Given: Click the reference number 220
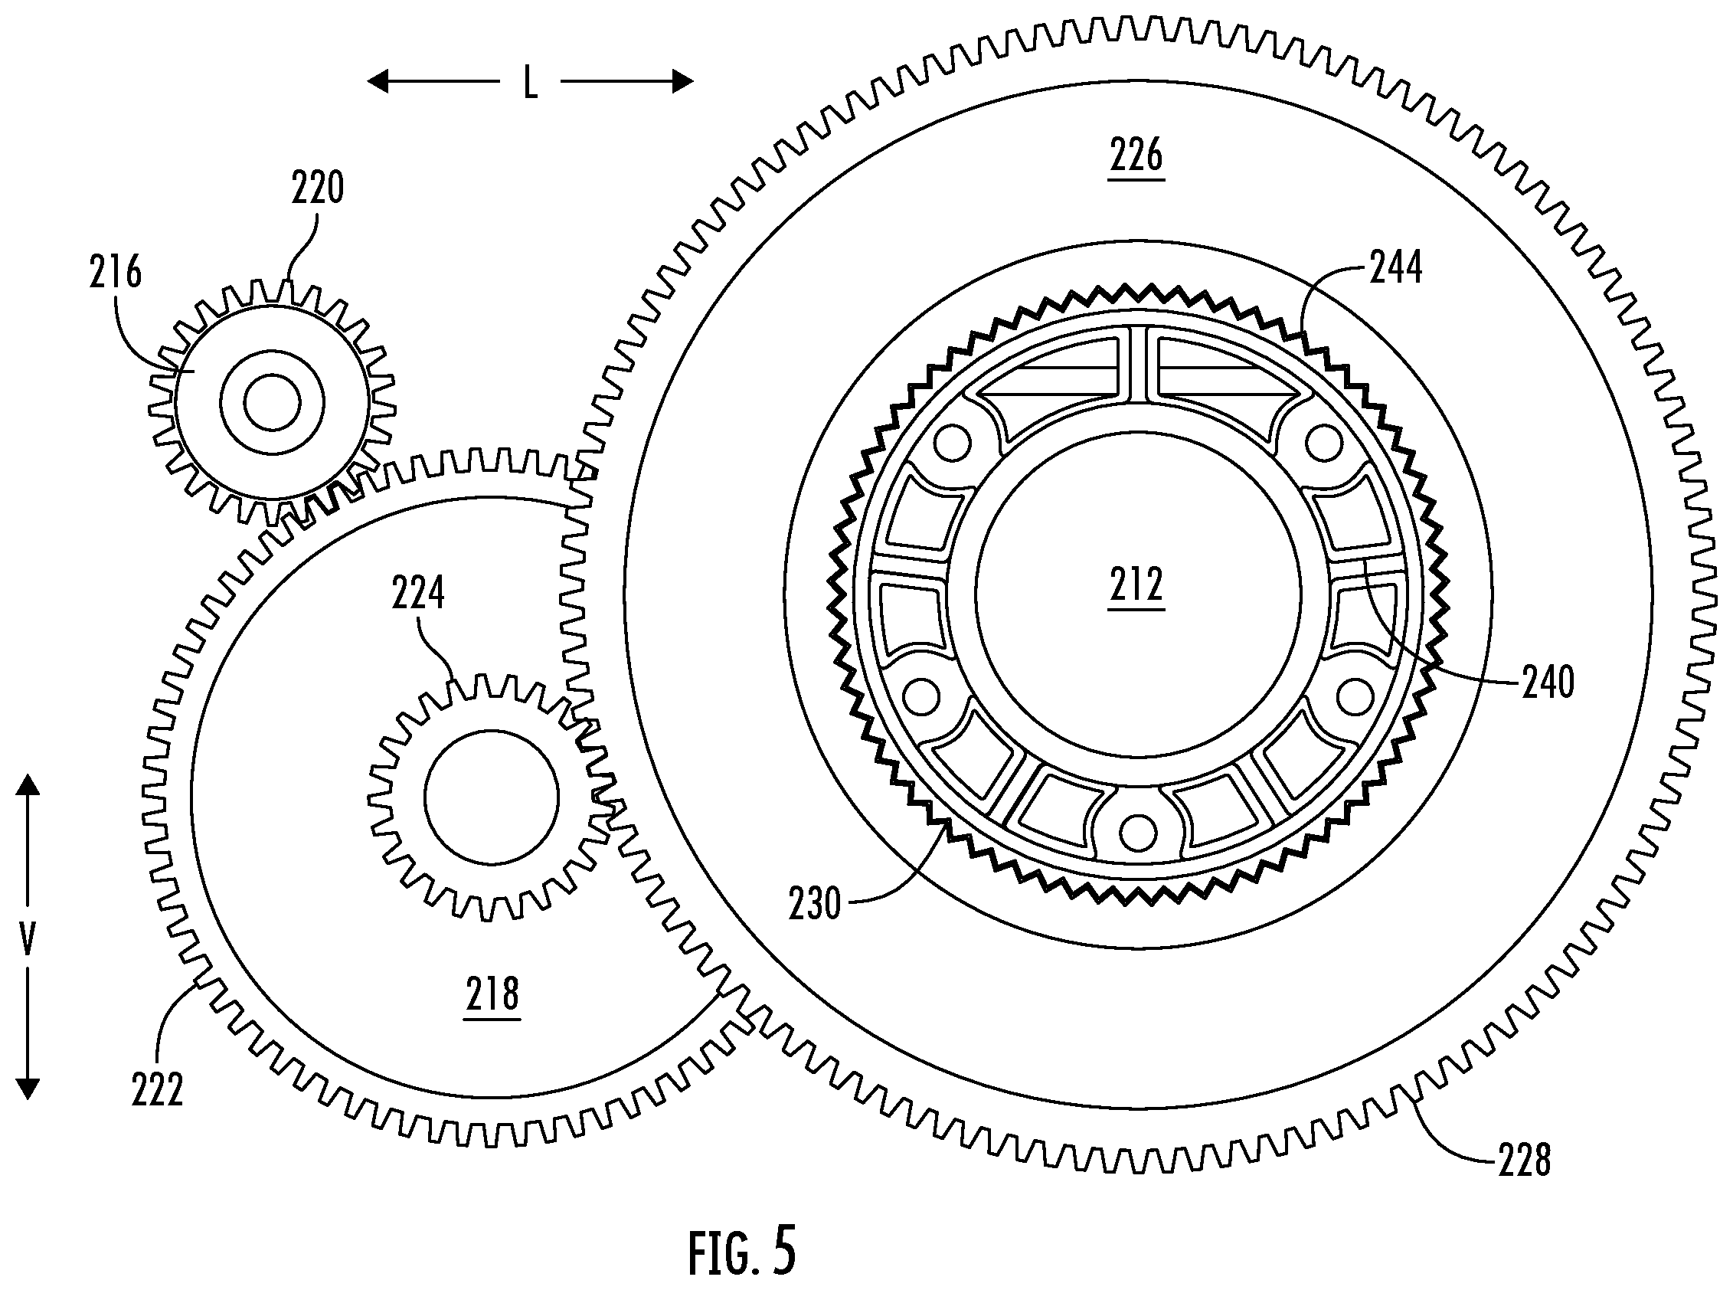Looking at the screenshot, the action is click(318, 188).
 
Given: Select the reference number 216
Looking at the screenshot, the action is click(116, 273).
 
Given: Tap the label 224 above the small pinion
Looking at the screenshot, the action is click(418, 593).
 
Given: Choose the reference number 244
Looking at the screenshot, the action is click(1397, 268).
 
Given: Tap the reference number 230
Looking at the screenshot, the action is click(815, 904).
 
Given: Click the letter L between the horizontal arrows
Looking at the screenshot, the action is click(530, 82).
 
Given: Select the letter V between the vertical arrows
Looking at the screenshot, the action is click(28, 938).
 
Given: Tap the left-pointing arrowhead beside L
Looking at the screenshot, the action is click(378, 81).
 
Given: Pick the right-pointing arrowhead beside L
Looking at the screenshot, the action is click(682, 81).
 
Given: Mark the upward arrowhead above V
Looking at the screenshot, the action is click(28, 784).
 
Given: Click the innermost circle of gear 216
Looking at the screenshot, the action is click(272, 403).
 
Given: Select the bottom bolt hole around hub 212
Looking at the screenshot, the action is click(1136, 833).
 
